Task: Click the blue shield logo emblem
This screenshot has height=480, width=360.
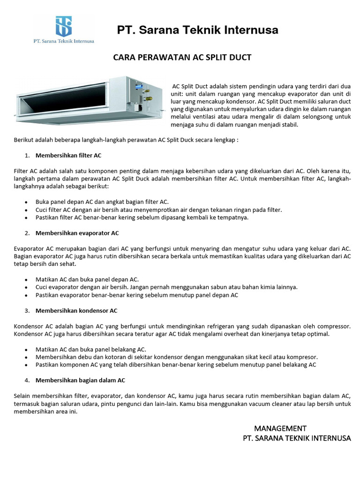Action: [63, 26]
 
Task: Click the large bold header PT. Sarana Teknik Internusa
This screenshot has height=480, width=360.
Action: [197, 30]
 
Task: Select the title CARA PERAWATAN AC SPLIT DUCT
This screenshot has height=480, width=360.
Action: [183, 57]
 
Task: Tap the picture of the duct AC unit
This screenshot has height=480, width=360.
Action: [89, 101]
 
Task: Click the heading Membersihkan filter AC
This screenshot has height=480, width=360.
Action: [68, 155]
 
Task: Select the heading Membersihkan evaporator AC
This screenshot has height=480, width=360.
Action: [77, 233]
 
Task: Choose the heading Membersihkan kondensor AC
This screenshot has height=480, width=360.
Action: [76, 311]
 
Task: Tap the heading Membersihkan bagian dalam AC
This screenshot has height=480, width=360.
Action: [80, 380]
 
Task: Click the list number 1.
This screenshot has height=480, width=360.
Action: [27, 155]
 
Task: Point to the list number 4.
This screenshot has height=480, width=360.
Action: [27, 380]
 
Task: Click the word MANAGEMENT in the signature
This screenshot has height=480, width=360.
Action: [280, 428]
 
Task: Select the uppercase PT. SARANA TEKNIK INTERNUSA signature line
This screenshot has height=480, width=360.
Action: [297, 438]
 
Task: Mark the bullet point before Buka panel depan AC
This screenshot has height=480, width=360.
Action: [26, 202]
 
